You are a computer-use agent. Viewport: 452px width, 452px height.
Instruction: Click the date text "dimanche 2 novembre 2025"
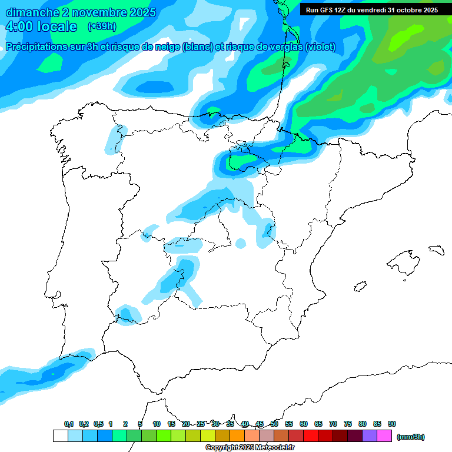coord(81,12)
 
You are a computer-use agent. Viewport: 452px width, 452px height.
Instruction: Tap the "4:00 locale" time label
coord(41,26)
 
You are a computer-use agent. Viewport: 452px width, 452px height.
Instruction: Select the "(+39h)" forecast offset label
coord(101,26)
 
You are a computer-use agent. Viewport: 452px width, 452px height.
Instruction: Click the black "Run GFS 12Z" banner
coord(371,10)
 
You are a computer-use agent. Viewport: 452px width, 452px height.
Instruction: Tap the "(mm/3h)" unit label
coord(411,437)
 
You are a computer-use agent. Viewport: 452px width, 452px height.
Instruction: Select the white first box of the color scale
coord(60,436)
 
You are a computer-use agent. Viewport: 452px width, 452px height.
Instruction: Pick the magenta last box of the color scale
coord(384,436)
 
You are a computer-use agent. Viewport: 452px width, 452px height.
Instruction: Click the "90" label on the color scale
coord(392,424)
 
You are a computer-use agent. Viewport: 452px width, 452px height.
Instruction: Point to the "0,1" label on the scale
coord(69,424)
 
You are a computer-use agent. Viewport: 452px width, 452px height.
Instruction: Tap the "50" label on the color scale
coord(274,424)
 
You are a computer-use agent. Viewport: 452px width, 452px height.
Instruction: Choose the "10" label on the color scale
coord(157,424)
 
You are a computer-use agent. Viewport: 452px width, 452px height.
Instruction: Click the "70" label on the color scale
coord(333,424)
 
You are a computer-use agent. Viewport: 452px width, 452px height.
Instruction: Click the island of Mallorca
coord(404,260)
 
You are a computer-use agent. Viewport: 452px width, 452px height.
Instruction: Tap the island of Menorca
coord(436,250)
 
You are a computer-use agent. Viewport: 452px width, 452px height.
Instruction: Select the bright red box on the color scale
coord(311,436)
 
